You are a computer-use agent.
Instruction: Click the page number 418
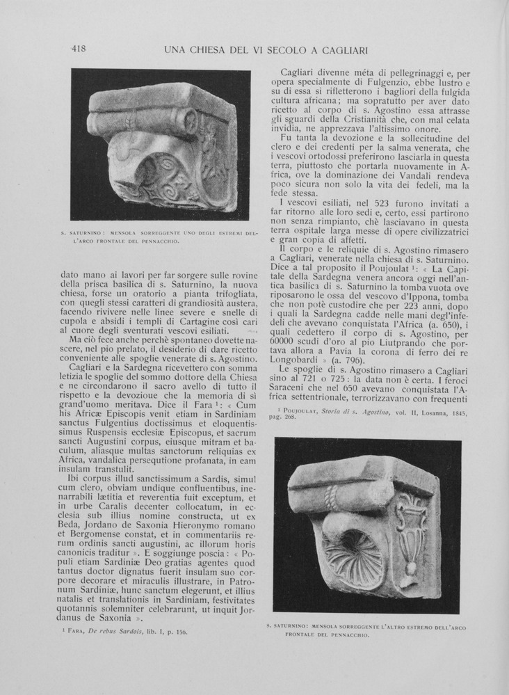[78, 49]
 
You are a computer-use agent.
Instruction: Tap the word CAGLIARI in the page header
[340, 50]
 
